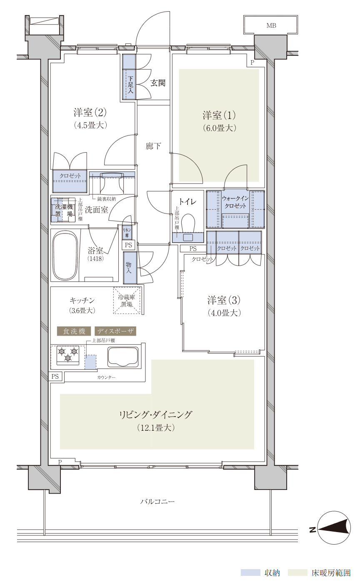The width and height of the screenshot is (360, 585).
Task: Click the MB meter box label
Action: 271,25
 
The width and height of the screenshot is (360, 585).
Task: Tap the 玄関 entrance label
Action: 158,83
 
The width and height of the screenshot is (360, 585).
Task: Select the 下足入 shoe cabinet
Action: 129,77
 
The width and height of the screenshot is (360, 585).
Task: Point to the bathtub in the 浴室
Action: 65,256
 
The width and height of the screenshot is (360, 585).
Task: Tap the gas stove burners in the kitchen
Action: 68,355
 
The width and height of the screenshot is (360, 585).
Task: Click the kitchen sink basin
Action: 123,357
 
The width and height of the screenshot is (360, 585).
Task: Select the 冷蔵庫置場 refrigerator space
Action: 127,301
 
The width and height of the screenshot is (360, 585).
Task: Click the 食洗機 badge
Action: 74,331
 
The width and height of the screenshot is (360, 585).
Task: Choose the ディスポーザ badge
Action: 115,331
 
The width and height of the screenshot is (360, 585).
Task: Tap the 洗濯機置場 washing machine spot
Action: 63,210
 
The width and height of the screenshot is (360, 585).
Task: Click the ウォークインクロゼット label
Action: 235,202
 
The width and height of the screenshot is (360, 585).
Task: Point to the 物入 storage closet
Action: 130,268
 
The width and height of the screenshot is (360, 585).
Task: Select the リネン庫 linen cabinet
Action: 127,233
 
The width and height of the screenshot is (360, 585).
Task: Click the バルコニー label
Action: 157,502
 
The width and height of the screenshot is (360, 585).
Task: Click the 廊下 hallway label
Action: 153,146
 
